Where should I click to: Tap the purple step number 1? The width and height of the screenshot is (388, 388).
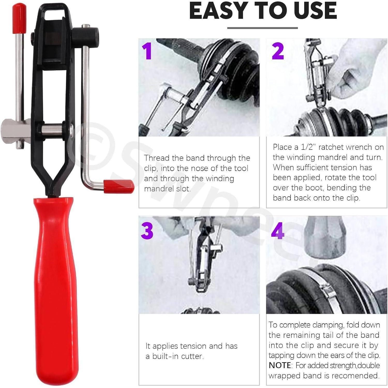(x=148, y=51)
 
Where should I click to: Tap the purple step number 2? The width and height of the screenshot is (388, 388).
(x=278, y=51)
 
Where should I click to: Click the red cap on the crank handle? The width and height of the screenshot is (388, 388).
(x=119, y=186)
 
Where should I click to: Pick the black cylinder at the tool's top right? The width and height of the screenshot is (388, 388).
(x=86, y=36)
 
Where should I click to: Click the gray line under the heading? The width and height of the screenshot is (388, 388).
(x=263, y=28)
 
